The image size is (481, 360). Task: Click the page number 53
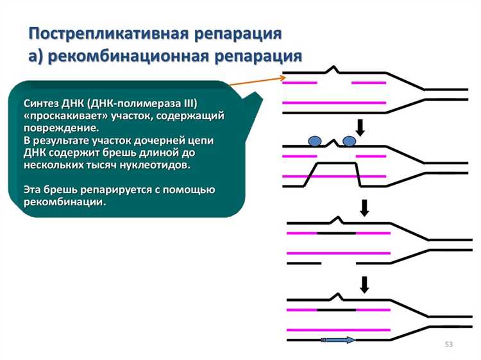point(448,345)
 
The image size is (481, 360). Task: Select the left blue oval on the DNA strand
point(315,141)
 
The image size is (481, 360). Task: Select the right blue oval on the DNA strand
point(350,141)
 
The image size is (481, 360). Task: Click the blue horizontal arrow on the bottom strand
point(339,339)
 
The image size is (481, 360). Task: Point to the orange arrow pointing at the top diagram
point(257,81)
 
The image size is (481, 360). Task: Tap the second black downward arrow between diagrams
point(365,207)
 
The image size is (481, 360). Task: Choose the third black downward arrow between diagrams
point(365,284)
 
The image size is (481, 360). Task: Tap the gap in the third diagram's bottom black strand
point(339,262)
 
